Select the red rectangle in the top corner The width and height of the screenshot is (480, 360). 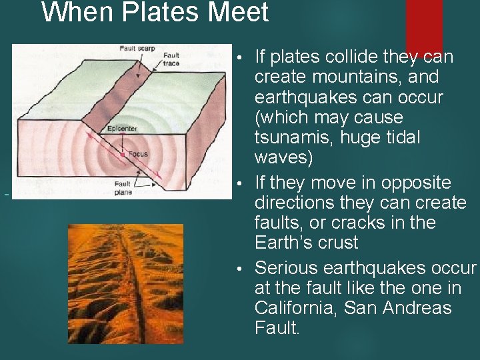tap(424, 25)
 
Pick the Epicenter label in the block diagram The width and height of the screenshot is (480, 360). tap(122, 129)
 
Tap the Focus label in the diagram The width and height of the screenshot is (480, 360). tap(138, 154)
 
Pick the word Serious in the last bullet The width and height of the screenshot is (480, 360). tap(286, 268)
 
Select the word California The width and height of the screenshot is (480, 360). tap(296, 308)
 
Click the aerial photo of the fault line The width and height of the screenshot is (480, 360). tap(125, 283)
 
